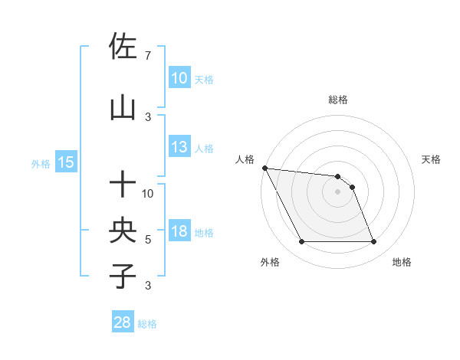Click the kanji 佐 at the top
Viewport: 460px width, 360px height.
pos(123,47)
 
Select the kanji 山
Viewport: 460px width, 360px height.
pos(123,108)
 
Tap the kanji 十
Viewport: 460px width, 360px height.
pos(123,185)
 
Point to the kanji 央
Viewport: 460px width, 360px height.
pos(123,231)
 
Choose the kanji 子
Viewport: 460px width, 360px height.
pos(123,277)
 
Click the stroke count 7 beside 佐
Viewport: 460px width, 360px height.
pos(148,56)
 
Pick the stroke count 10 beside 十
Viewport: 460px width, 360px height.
pos(148,194)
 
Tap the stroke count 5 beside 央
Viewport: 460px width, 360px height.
pos(148,240)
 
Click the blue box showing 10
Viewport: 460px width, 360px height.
pos(179,78)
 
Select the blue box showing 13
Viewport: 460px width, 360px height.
pos(179,147)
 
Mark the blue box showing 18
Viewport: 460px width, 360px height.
pos(179,231)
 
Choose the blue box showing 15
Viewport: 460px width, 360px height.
pos(65,162)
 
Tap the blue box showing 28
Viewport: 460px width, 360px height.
pos(123,322)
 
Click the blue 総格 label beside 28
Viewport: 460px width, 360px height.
pos(147,324)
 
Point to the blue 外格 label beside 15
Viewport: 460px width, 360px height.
pos(41,163)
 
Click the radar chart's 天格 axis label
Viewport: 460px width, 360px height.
pos(431,159)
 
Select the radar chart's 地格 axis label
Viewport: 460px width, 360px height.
pos(402,262)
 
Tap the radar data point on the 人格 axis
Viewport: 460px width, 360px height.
pos(264,168)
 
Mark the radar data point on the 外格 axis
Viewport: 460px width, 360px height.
pos(301,242)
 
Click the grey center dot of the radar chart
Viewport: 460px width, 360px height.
pos(337,191)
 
